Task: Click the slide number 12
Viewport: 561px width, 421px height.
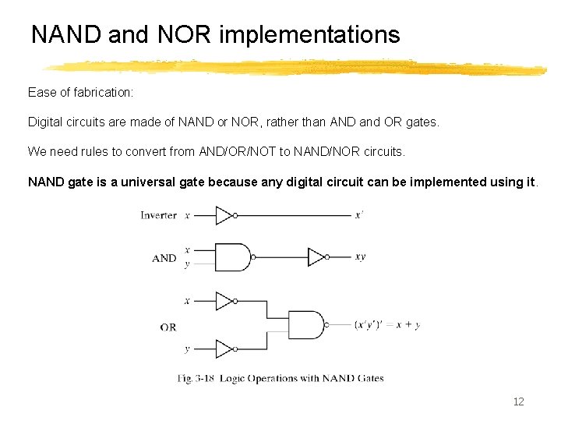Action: click(x=518, y=402)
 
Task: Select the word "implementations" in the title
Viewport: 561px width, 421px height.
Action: click(x=310, y=35)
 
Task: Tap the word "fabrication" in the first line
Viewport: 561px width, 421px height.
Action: click(x=102, y=93)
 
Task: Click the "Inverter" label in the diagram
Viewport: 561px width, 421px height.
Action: click(x=158, y=215)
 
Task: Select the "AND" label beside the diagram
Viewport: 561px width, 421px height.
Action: click(x=164, y=258)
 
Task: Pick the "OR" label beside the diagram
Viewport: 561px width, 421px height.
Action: click(x=168, y=327)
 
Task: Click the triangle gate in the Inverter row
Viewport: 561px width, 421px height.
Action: click(x=224, y=215)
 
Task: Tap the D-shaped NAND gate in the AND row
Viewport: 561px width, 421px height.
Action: click(x=232, y=256)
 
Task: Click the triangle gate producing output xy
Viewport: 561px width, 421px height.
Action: click(x=316, y=256)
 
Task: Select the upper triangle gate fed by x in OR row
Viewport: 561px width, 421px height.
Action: click(x=224, y=301)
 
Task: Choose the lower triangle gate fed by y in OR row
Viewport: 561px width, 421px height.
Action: click(x=224, y=348)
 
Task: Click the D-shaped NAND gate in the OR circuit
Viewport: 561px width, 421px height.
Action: click(x=305, y=325)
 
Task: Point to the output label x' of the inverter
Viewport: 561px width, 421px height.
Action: click(x=358, y=215)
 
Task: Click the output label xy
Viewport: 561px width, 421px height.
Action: click(x=360, y=256)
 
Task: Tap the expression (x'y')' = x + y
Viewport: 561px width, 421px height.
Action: click(x=386, y=325)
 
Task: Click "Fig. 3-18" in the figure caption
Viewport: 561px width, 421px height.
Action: click(x=195, y=379)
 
